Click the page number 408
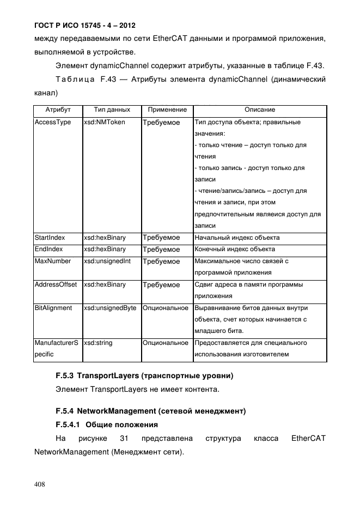point(40,484)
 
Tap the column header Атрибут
point(58,110)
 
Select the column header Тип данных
point(112,110)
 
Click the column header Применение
point(167,110)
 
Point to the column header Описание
point(259,110)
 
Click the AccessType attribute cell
point(53,123)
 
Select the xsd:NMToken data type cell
point(104,123)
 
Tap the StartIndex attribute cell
point(50,238)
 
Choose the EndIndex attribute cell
point(48,250)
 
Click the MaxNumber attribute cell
point(53,262)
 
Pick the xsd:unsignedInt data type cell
point(107,262)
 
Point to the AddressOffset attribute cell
point(56,285)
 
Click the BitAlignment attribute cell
point(53,308)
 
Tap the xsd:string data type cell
point(97,343)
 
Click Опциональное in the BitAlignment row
point(166,308)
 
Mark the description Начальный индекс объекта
point(237,238)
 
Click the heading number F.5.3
point(65,376)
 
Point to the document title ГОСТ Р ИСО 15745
point(84,26)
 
